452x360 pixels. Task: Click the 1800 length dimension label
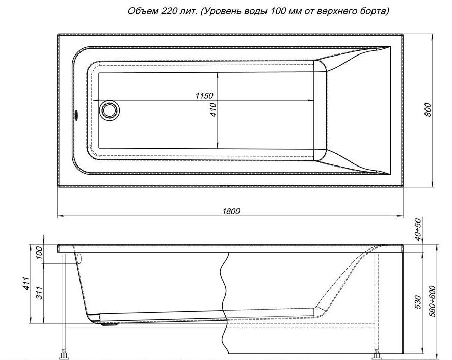(231, 211)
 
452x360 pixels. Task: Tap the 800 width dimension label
(428, 109)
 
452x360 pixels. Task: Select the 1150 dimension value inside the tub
(204, 96)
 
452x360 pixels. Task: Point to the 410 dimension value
(213, 109)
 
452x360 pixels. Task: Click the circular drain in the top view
(109, 109)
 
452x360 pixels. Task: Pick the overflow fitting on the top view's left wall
(76, 115)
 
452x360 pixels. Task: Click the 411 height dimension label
(26, 284)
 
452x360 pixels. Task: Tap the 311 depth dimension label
(39, 293)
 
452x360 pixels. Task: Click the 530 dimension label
(418, 302)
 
